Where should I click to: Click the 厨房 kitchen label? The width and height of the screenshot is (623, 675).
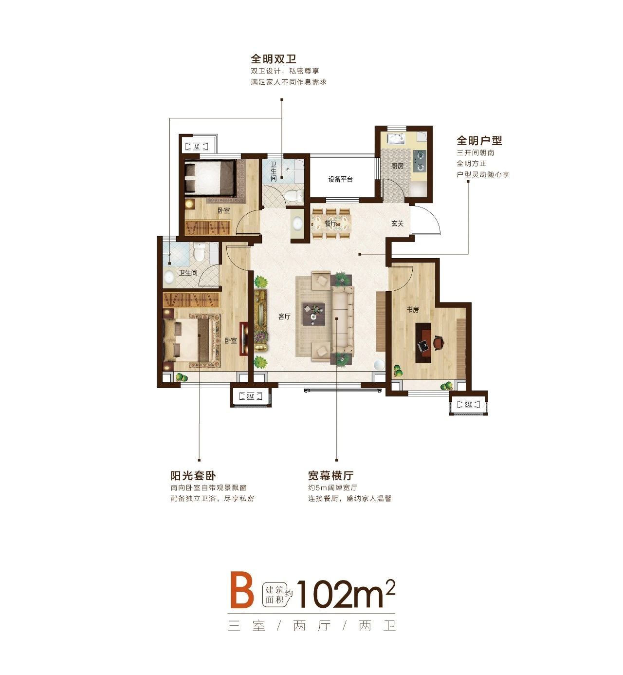(x=397, y=166)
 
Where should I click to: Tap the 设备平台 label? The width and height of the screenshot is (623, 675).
(x=340, y=179)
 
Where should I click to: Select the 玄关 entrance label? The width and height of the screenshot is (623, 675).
(x=397, y=224)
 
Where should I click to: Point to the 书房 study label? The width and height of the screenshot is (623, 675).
(x=413, y=310)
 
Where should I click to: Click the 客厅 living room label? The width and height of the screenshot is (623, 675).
(x=284, y=317)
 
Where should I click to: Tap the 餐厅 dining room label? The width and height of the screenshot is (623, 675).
(x=330, y=224)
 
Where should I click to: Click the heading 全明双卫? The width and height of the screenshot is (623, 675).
(x=274, y=59)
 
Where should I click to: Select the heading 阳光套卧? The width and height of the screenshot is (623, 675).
(x=193, y=475)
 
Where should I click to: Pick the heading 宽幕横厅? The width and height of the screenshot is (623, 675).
(x=330, y=475)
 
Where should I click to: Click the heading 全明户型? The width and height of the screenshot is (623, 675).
(x=479, y=140)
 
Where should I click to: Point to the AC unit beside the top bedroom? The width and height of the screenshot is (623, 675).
(x=197, y=147)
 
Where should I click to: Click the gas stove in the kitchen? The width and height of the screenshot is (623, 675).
(x=420, y=161)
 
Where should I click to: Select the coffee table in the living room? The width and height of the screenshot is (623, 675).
(x=313, y=314)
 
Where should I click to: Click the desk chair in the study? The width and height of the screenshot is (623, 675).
(x=439, y=342)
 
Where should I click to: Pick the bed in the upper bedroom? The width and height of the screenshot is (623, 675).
(x=210, y=179)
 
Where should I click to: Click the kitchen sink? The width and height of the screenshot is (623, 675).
(x=396, y=139)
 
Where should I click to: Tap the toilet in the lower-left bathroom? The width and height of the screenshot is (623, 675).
(x=199, y=252)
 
